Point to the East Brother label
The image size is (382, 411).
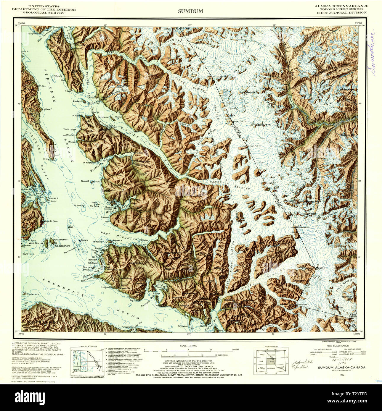pos(61,240)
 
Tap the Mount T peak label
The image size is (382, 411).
pos(321,268)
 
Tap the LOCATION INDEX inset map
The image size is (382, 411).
pos(271,360)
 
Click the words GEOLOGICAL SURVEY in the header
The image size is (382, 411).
pos(44,13)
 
